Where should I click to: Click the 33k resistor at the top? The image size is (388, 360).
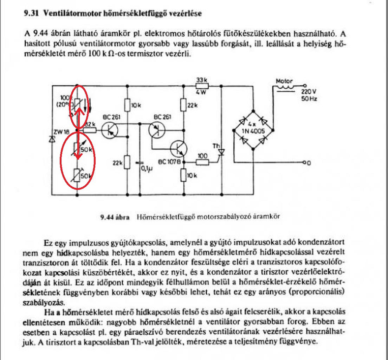pyautogui.click(x=202, y=85)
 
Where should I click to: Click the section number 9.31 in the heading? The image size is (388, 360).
pyautogui.click(x=31, y=14)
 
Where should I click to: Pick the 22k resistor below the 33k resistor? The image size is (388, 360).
pyautogui.click(x=183, y=105)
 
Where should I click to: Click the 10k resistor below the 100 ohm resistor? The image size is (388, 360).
pyautogui.click(x=183, y=175)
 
